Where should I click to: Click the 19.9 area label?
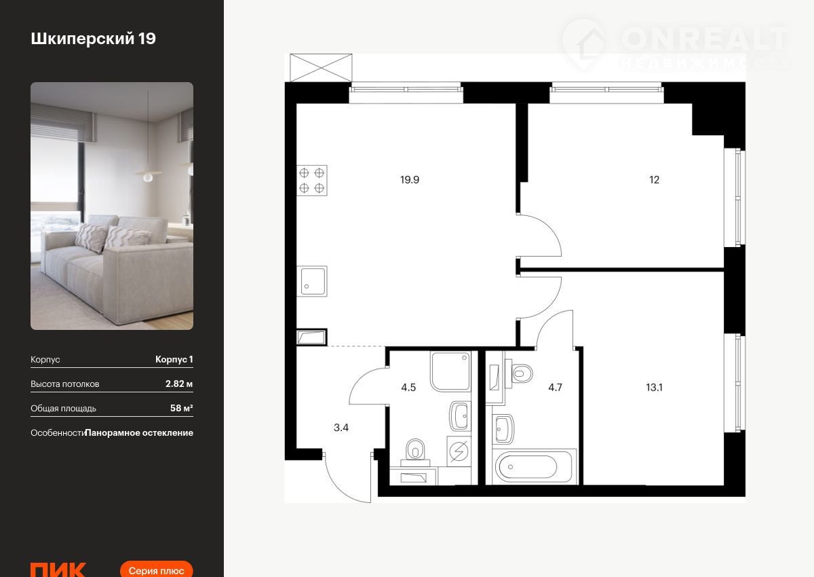[x=410, y=180]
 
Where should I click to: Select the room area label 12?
[x=654, y=180]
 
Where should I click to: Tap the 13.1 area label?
[x=654, y=387]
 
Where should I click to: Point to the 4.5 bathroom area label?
[x=408, y=387]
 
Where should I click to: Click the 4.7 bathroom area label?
[x=555, y=387]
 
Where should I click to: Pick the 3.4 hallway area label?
[x=341, y=428]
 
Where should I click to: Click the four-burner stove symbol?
[x=312, y=181]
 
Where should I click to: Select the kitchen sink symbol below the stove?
[x=312, y=281]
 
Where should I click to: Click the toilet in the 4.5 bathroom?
[x=415, y=453]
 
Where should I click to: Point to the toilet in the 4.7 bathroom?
[x=519, y=373]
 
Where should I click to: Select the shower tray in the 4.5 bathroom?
[x=450, y=371]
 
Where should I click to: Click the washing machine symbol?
[x=459, y=451]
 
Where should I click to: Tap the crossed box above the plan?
[x=321, y=68]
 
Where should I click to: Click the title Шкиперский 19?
[x=94, y=39]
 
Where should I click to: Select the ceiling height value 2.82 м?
[x=179, y=384]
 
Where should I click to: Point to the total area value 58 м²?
[x=182, y=408]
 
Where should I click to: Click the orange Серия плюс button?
[x=156, y=570]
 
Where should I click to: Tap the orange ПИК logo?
[x=58, y=570]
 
